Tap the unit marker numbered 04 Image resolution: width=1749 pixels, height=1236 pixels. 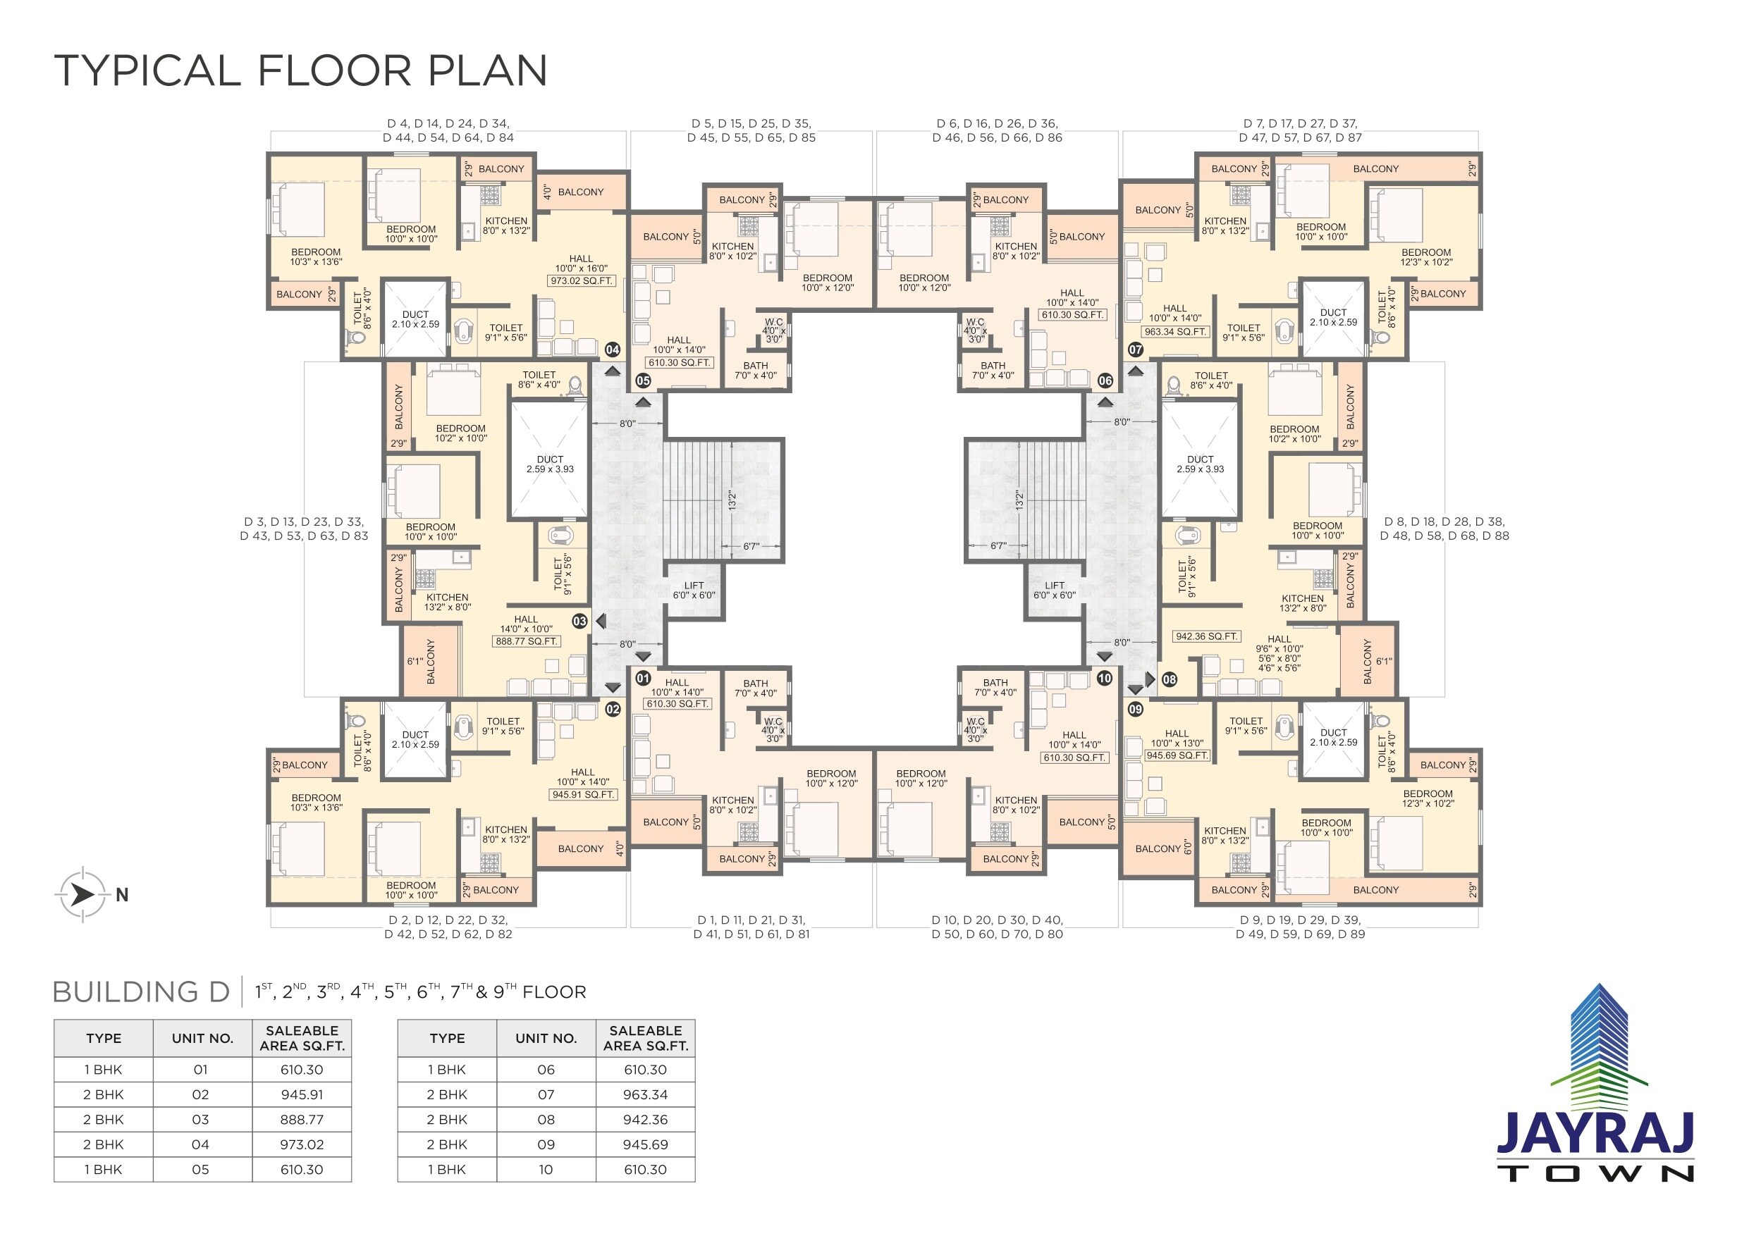[x=613, y=350]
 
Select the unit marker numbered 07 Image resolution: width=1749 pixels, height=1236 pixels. [x=1135, y=350]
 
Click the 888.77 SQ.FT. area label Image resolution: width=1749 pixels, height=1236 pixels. [x=527, y=641]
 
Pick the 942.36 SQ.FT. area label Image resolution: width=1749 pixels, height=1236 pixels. [x=1207, y=636]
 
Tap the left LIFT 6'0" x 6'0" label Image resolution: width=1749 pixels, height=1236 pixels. [x=693, y=591]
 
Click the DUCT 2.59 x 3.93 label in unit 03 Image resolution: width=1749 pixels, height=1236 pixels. [x=550, y=464]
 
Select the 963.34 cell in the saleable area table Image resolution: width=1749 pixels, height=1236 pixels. [x=645, y=1094]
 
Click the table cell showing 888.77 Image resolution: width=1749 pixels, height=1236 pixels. [x=302, y=1120]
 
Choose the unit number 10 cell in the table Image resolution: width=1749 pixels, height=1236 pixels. [x=546, y=1169]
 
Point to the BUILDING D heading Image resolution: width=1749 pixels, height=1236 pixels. [x=141, y=991]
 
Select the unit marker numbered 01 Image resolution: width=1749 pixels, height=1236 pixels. [x=643, y=678]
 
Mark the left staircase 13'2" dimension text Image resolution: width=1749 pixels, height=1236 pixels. [x=731, y=500]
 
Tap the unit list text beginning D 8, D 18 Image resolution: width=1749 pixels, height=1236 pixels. [x=1444, y=529]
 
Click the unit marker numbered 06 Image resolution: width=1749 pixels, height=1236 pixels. [x=1105, y=380]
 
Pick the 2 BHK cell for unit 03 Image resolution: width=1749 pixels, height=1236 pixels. [x=104, y=1120]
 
